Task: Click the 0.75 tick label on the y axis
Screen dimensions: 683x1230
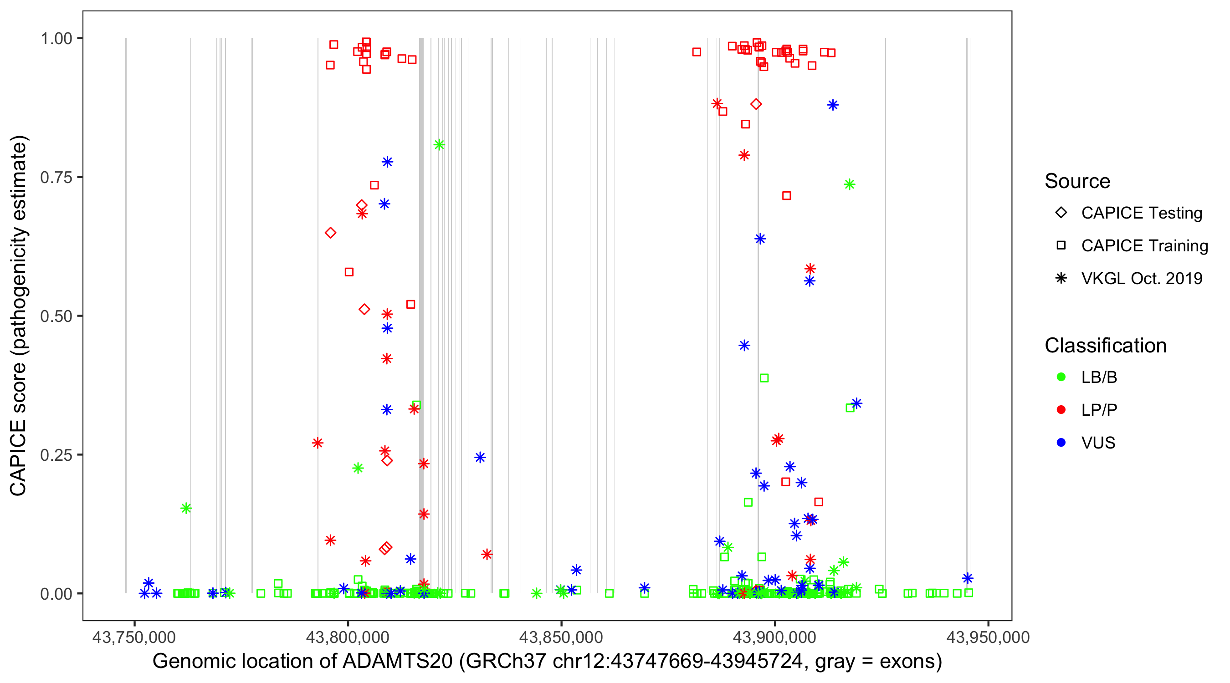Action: (56, 178)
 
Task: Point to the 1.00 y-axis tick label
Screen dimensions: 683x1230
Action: (56, 39)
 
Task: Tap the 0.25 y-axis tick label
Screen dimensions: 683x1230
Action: (56, 455)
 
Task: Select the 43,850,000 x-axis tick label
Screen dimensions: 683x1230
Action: (561, 637)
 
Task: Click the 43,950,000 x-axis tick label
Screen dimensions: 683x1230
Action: (988, 637)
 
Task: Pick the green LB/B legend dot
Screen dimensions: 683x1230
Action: (1061, 377)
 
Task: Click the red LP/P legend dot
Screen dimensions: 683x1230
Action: (1061, 410)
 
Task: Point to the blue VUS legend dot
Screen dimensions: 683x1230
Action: (1061, 443)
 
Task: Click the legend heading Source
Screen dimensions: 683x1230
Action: (1077, 181)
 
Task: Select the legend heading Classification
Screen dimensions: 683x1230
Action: (1105, 346)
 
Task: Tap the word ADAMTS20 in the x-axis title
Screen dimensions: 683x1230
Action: (398, 662)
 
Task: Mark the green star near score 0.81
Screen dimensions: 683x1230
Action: (439, 145)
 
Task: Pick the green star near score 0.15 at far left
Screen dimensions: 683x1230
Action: (186, 508)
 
